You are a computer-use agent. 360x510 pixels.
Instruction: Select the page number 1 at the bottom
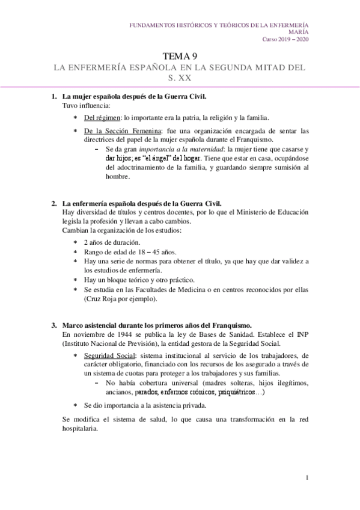pos(307,478)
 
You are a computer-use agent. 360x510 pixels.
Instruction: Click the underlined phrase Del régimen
pos(99,118)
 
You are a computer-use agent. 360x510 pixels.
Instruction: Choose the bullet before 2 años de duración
pos(75,242)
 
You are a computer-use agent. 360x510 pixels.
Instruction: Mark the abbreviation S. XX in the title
pos(180,78)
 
